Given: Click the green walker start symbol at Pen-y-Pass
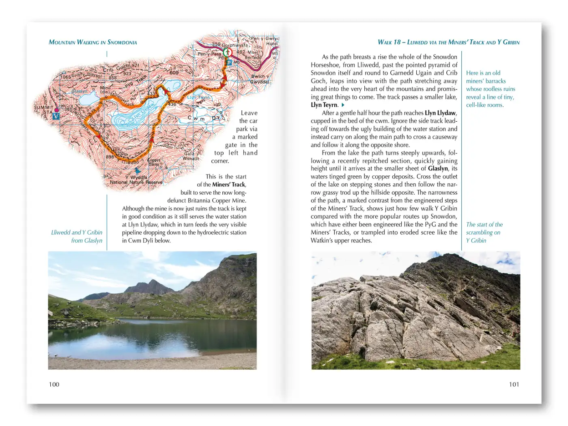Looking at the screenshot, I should (227, 52).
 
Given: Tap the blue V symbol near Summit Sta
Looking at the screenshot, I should (56, 116).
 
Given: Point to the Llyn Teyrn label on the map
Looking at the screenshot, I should (198, 97).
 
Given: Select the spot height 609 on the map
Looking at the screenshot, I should (174, 73).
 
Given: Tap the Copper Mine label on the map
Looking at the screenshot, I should (154, 162).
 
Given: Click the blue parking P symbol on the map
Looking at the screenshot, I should (229, 62).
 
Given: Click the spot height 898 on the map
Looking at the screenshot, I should (110, 157).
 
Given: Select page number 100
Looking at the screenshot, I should (54, 384).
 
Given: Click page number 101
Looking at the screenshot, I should (514, 384).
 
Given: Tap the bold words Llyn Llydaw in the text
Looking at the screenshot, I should (441, 113).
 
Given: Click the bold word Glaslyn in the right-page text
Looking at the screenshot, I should (438, 169).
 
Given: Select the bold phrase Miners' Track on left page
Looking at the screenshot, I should (229, 185).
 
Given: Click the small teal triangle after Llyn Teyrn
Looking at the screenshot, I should (343, 105).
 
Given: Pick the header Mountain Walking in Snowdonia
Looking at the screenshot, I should (93, 42).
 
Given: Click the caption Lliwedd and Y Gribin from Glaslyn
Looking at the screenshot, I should (77, 237).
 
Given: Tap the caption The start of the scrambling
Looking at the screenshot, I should (484, 232).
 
